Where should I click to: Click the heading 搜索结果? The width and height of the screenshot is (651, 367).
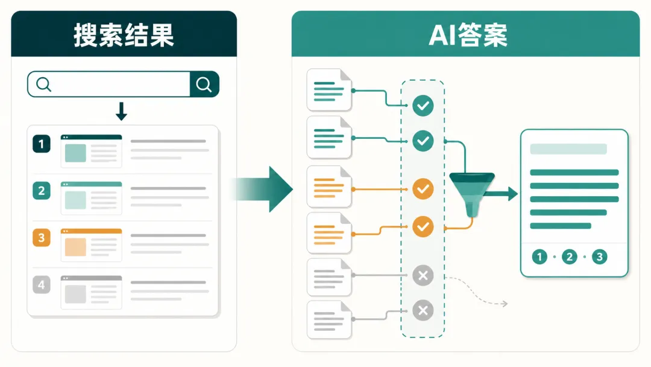pyautogui.click(x=124, y=35)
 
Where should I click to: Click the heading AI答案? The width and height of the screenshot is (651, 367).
pyautogui.click(x=468, y=35)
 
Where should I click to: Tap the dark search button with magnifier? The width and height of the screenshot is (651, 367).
pyautogui.click(x=204, y=85)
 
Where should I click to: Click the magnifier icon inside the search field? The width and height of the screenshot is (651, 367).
pyautogui.click(x=43, y=85)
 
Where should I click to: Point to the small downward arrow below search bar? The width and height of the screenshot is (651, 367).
pyautogui.click(x=121, y=112)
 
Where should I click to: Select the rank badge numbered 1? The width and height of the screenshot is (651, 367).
pyautogui.click(x=42, y=144)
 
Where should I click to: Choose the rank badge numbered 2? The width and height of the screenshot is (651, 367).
pyautogui.click(x=42, y=191)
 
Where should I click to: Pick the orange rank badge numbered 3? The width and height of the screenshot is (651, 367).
pyautogui.click(x=42, y=238)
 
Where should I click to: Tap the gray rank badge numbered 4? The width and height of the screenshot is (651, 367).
pyautogui.click(x=42, y=285)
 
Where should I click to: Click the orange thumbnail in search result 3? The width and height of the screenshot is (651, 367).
pyautogui.click(x=75, y=247)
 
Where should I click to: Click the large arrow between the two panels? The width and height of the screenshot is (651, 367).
pyautogui.click(x=262, y=189)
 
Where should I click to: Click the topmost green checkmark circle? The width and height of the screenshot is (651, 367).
pyautogui.click(x=423, y=106)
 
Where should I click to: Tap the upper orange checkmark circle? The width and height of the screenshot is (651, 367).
pyautogui.click(x=423, y=189)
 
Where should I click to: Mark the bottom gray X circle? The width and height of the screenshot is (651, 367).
pyautogui.click(x=423, y=310)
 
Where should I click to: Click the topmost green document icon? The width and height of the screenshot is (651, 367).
pyautogui.click(x=329, y=90)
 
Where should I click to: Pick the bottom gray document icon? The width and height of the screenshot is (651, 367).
pyautogui.click(x=329, y=320)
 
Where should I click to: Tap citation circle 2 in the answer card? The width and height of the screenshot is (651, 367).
pyautogui.click(x=570, y=257)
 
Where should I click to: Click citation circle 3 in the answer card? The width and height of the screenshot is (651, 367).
pyautogui.click(x=600, y=257)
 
